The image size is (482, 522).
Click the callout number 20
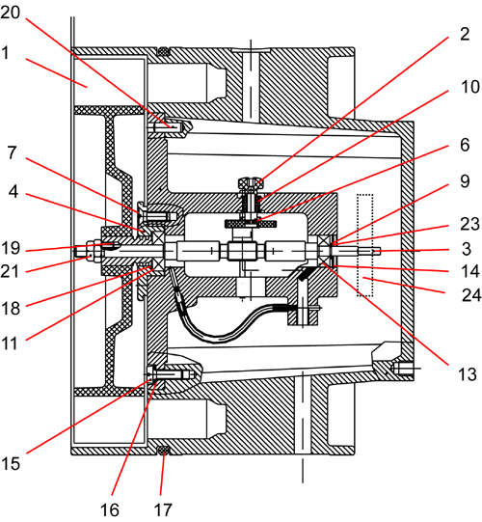coord(11,13)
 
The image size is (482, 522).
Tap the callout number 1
coord(6,53)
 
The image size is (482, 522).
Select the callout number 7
coord(13,153)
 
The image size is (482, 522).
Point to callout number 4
coord(13,192)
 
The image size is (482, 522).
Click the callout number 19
coord(11,248)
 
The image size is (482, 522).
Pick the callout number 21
coord(10,272)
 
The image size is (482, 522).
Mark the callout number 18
coord(11,309)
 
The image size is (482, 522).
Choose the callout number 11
coord(9,343)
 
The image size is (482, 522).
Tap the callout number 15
coord(11,463)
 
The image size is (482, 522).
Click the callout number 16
coord(110,509)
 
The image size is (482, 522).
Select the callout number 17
coord(163,509)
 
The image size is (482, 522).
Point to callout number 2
coord(465,34)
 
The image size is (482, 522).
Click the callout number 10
coord(470,87)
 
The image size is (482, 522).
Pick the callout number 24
coord(471,295)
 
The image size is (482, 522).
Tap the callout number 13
coord(468,374)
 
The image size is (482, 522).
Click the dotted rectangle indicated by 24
coord(365,245)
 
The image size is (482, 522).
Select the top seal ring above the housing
coord(163,51)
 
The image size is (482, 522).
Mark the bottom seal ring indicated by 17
coord(163,451)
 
